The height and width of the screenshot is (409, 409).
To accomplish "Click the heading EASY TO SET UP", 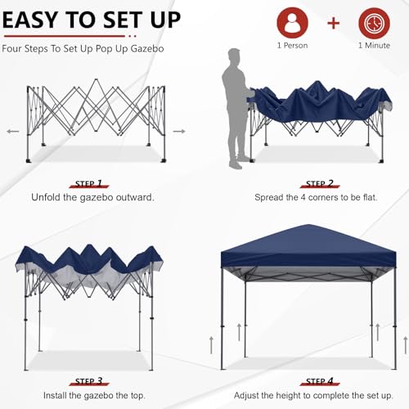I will tap(92, 19).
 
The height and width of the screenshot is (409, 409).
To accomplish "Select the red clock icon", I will tap(373, 22).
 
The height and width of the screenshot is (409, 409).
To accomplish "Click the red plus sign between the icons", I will tap(332, 22).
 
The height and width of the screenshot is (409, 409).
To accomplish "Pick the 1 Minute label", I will tap(373, 46).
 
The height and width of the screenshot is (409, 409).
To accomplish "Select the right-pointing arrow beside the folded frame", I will tap(179, 131).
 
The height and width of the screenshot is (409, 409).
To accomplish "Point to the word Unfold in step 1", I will tap(47, 198).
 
